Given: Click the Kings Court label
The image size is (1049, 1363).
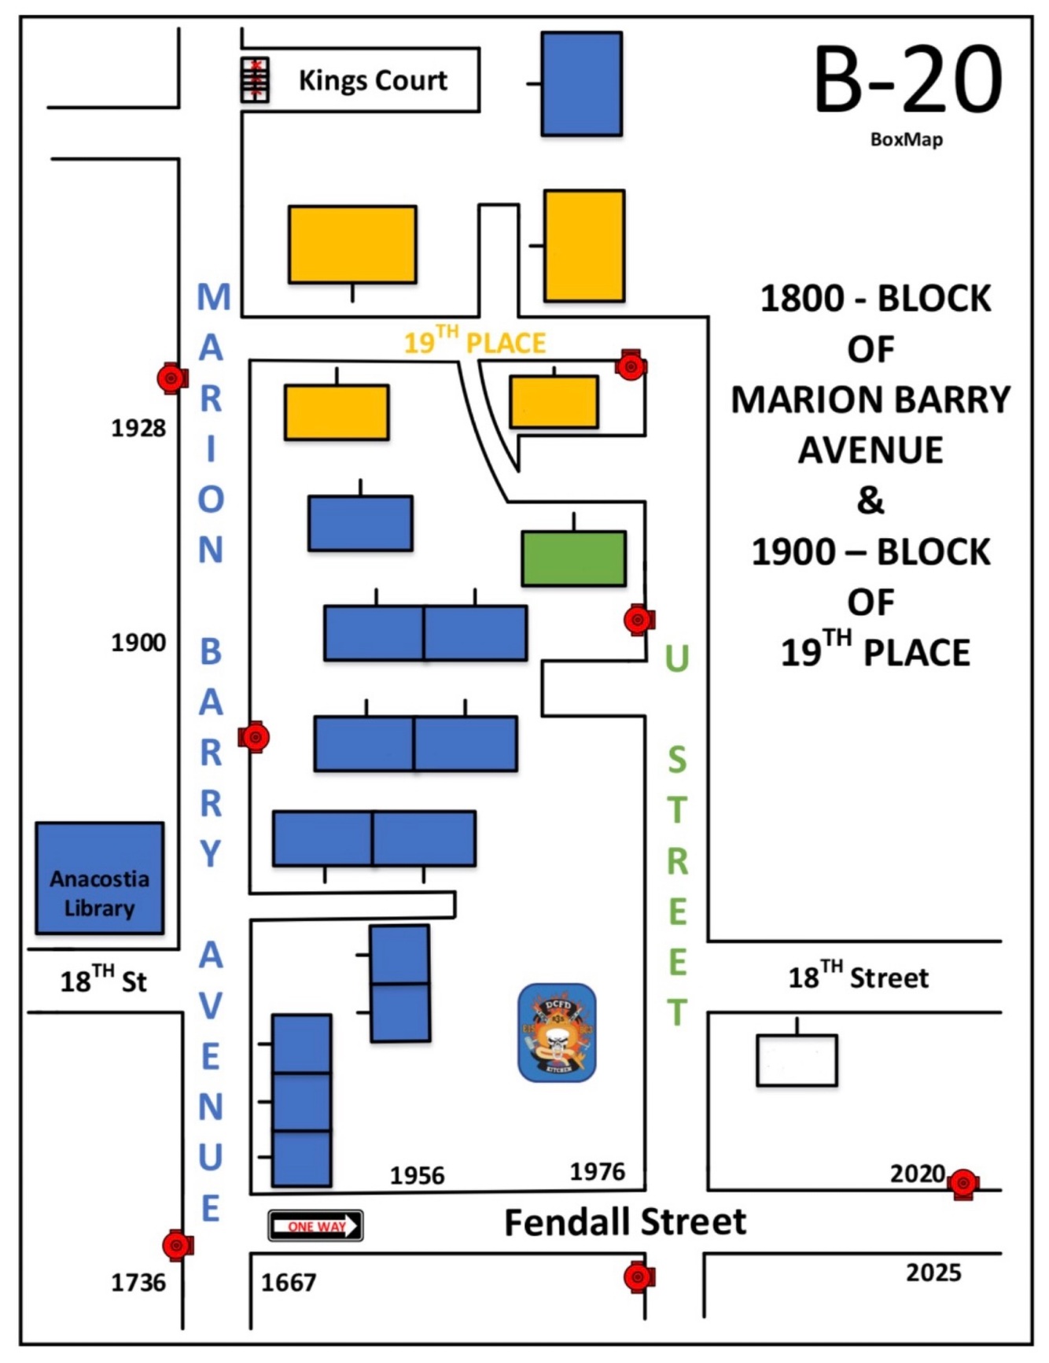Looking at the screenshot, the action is (x=373, y=80).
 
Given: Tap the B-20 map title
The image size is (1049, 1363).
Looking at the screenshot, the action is (x=907, y=80).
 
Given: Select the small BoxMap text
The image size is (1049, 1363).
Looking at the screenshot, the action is (x=906, y=139).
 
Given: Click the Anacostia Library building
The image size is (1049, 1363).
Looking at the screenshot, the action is (x=100, y=878).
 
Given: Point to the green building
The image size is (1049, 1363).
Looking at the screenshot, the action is (x=574, y=558).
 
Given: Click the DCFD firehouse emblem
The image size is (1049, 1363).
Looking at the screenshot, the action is (x=557, y=1033).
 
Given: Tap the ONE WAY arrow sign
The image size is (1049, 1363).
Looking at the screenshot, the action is (x=315, y=1225).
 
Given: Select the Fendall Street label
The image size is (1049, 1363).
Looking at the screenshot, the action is (x=624, y=1221).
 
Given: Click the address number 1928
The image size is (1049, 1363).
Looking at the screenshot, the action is (x=138, y=428).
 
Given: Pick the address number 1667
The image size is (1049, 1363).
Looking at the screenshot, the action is (x=289, y=1283).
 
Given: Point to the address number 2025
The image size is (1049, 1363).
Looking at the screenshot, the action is (x=933, y=1273).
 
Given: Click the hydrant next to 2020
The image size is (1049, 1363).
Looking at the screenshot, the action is (x=963, y=1183).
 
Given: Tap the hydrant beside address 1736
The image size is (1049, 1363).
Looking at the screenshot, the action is (x=178, y=1245).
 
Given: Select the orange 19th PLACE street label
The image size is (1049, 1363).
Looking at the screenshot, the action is (x=474, y=341).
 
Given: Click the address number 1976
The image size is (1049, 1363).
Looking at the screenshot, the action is (x=598, y=1171).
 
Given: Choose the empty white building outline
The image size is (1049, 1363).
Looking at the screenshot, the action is (x=797, y=1060).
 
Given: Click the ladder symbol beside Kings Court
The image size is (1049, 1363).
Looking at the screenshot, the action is (x=255, y=80).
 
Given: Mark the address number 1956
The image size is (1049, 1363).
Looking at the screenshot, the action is (x=418, y=1175).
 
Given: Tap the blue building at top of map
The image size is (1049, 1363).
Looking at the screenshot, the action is (x=582, y=83).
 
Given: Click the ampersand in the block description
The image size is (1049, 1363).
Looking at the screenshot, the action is (x=870, y=500).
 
